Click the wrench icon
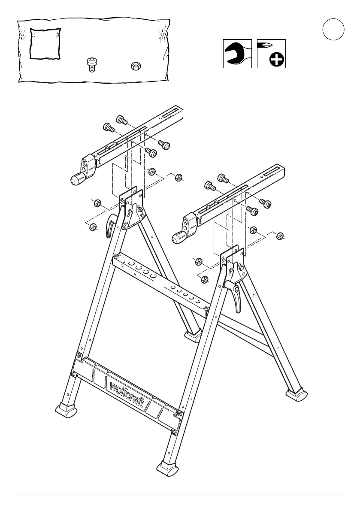coord(237,54)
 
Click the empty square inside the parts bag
coord(45,43)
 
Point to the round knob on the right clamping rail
coord(178,238)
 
